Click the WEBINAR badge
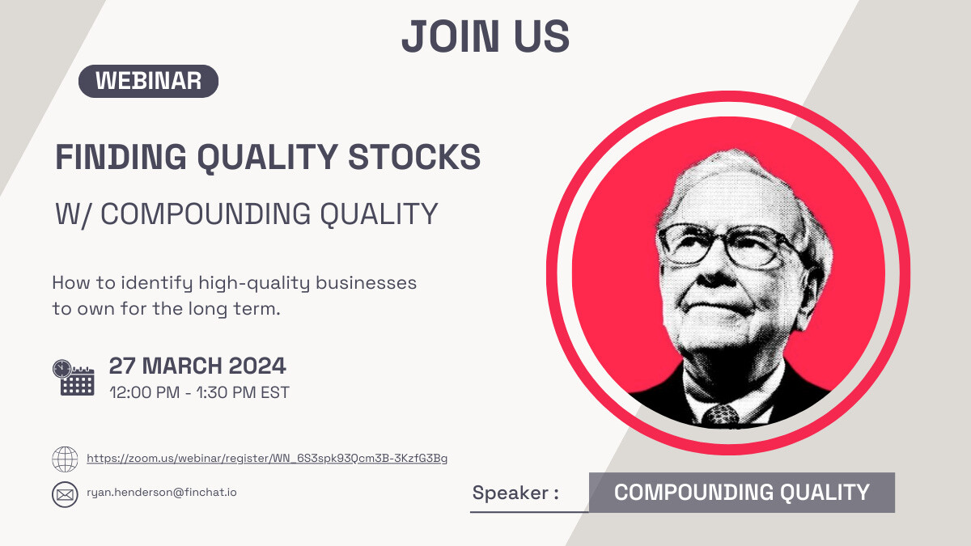point(148,81)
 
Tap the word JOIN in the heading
point(451,36)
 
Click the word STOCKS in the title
point(414,157)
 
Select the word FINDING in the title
point(121,157)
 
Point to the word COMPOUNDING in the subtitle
point(206,214)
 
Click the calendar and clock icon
point(74,378)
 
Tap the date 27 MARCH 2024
point(197,366)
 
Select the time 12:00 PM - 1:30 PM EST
point(199,392)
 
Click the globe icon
point(65,459)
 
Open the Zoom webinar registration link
point(267,458)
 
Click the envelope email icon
point(65,494)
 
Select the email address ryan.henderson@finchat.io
point(162,493)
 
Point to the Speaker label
point(515,493)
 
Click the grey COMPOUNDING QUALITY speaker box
point(742,493)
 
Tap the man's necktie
point(721,416)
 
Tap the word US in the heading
point(541,36)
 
